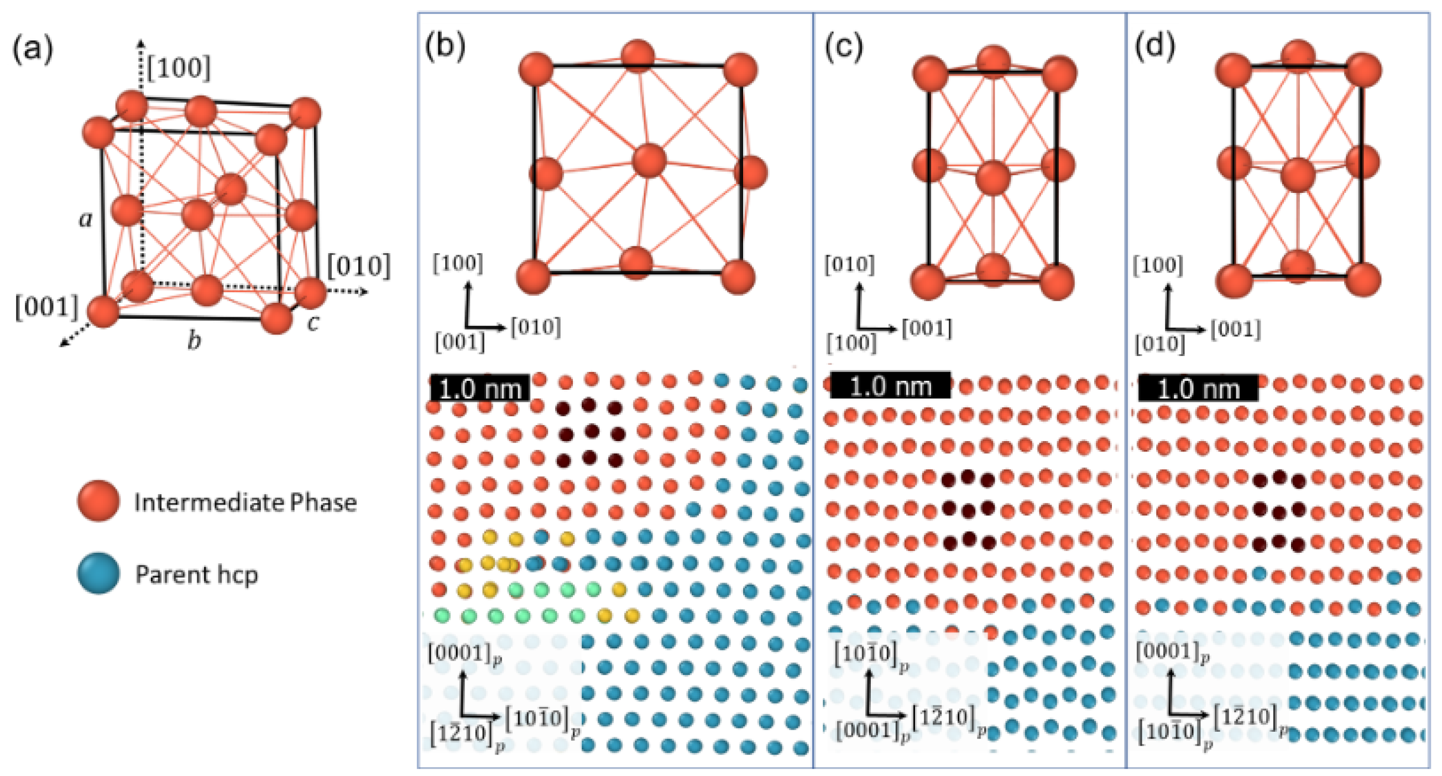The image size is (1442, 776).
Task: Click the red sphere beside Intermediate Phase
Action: pyautogui.click(x=98, y=501)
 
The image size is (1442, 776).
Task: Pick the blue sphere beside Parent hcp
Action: pyautogui.click(x=98, y=574)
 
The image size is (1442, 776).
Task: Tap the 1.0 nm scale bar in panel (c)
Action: pyautogui.click(x=890, y=386)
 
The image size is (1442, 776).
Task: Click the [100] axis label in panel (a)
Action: pyautogui.click(x=179, y=68)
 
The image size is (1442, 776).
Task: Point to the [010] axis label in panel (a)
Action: pyautogui.click(x=358, y=266)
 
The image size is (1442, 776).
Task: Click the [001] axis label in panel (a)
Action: pyautogui.click(x=46, y=308)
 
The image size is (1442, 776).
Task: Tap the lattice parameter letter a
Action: pyautogui.click(x=85, y=219)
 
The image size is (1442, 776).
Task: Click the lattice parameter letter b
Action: pyautogui.click(x=194, y=340)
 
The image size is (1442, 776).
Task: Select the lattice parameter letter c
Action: pyautogui.click(x=314, y=323)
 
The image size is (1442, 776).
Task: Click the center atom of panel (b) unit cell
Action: pyautogui.click(x=649, y=161)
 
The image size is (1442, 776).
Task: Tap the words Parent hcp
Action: pyautogui.click(x=196, y=575)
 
